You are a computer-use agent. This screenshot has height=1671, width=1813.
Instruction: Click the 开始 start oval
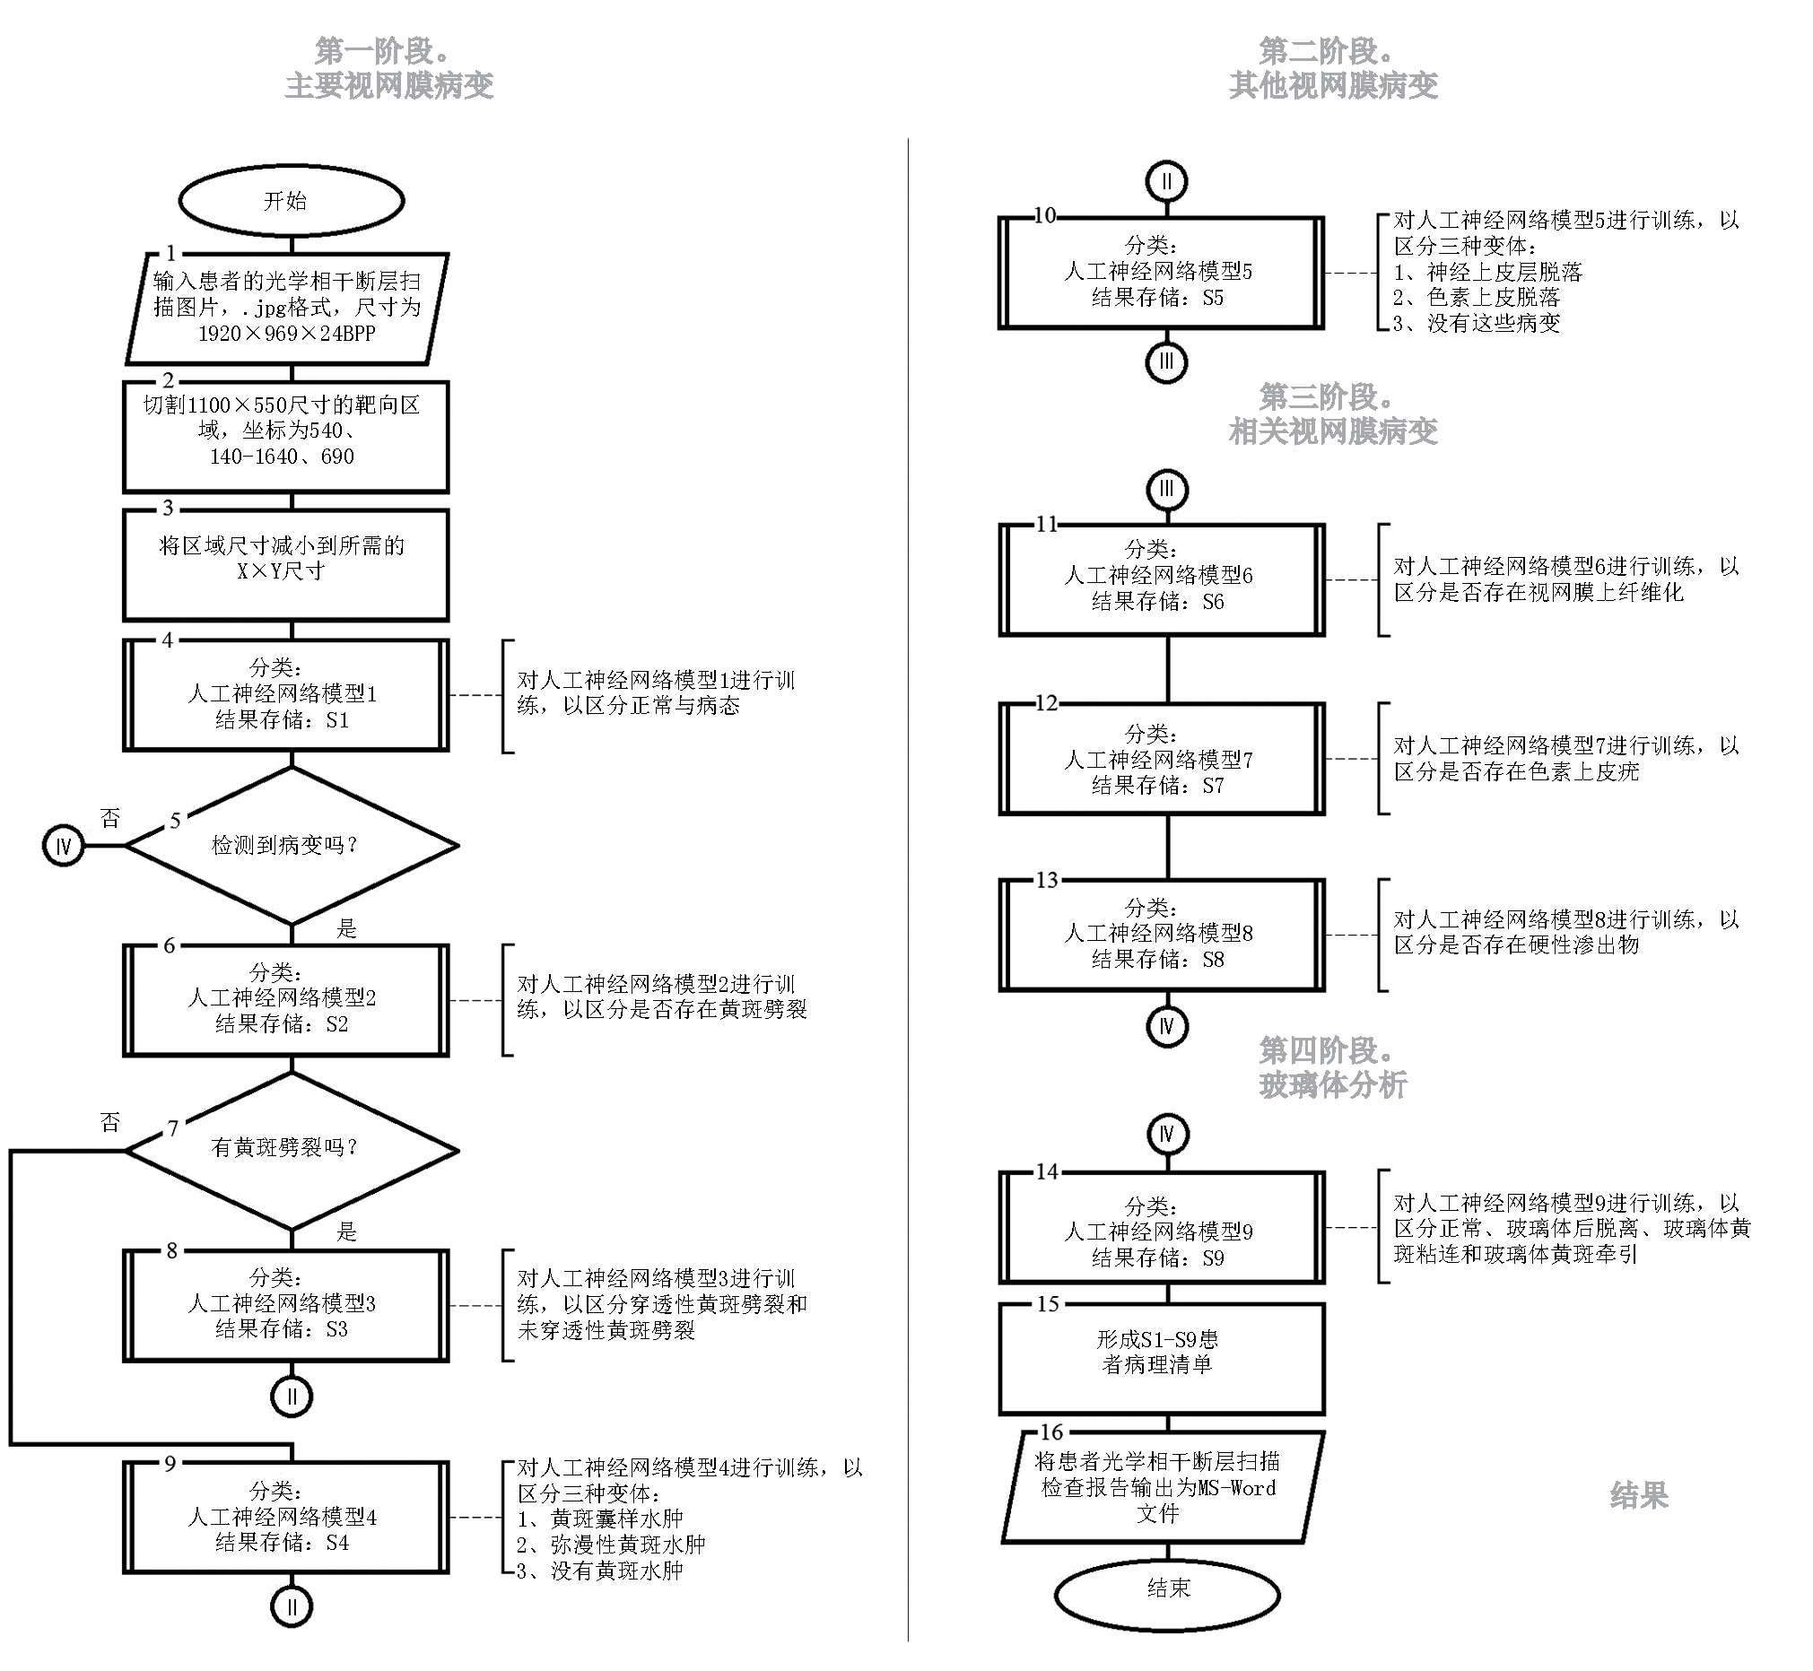[292, 201]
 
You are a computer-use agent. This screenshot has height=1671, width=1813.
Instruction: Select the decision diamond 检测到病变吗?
[292, 846]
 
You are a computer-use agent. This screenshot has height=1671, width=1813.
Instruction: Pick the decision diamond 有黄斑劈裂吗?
[292, 1149]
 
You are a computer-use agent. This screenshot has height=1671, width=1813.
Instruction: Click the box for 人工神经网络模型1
[286, 694]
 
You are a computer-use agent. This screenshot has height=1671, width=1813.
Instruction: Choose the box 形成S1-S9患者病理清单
[1161, 1358]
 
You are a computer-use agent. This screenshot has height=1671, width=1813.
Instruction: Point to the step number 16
[1051, 1432]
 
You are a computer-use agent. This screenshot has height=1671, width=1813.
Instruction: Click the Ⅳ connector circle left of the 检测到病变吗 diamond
[64, 847]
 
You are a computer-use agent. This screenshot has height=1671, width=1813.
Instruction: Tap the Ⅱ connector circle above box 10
[1166, 182]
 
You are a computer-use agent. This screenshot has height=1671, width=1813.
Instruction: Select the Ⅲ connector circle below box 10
[1166, 362]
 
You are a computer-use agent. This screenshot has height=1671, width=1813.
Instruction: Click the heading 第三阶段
[1326, 396]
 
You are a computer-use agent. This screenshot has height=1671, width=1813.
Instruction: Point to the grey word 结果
[1638, 1495]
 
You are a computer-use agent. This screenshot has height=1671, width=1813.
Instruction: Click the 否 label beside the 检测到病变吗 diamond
[110, 818]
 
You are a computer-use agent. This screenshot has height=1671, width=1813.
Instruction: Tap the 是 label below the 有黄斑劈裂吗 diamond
[347, 1231]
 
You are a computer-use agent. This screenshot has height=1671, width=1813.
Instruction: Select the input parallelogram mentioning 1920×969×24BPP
[286, 308]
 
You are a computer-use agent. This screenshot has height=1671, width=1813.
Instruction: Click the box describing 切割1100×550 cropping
[286, 436]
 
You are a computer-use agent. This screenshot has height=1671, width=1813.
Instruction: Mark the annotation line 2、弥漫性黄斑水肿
[611, 1545]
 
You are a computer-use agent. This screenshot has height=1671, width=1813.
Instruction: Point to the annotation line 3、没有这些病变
[1477, 324]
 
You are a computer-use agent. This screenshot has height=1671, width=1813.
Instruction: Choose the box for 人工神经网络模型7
[1161, 760]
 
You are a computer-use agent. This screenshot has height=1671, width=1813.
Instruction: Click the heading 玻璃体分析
[1333, 1084]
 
